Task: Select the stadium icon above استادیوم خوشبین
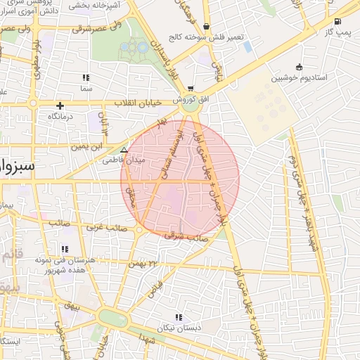[300, 67]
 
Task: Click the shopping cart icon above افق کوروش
[191, 89]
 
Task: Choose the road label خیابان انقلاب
[136, 103]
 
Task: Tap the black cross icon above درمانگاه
[60, 105]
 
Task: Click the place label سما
[86, 89]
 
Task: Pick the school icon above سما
[86, 78]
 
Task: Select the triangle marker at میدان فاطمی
[124, 150]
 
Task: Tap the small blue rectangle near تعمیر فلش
[247, 47]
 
